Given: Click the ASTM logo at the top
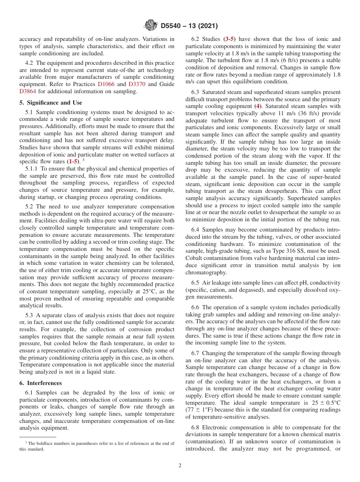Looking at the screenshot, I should pyautogui.click(x=150, y=26).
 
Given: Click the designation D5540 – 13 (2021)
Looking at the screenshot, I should pyautogui.click(x=189, y=26).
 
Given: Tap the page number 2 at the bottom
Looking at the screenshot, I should pyautogui.click(x=180, y=466).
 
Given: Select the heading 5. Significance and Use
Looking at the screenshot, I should pyautogui.click(x=51, y=103).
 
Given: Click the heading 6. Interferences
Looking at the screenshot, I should pyautogui.click(x=41, y=383).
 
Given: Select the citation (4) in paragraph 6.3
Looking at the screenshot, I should pyautogui.click(x=258, y=106).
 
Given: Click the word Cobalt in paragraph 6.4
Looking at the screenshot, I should pyautogui.click(x=195, y=258).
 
